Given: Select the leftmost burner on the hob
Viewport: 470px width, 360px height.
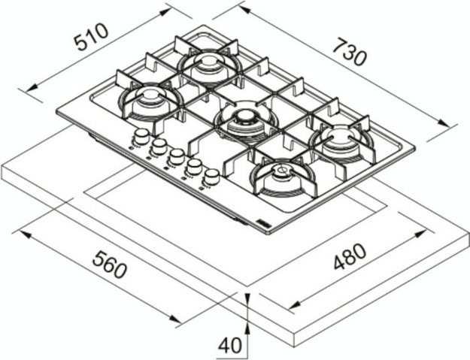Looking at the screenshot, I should tap(147, 99).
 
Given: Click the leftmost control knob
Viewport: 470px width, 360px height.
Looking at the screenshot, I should tap(141, 136).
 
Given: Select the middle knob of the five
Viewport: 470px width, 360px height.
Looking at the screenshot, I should tap(176, 156).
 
